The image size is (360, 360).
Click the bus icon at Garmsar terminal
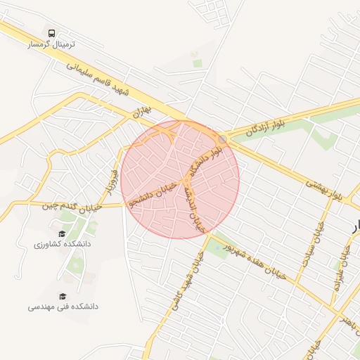coord(51,33)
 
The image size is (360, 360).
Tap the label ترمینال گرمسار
coord(51,44)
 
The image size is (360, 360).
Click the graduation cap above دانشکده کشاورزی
coord(62,233)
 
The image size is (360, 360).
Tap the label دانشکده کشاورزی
coord(62,244)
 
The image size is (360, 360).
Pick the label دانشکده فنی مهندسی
coord(63,307)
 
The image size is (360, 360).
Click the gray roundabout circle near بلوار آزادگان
coord(223,139)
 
